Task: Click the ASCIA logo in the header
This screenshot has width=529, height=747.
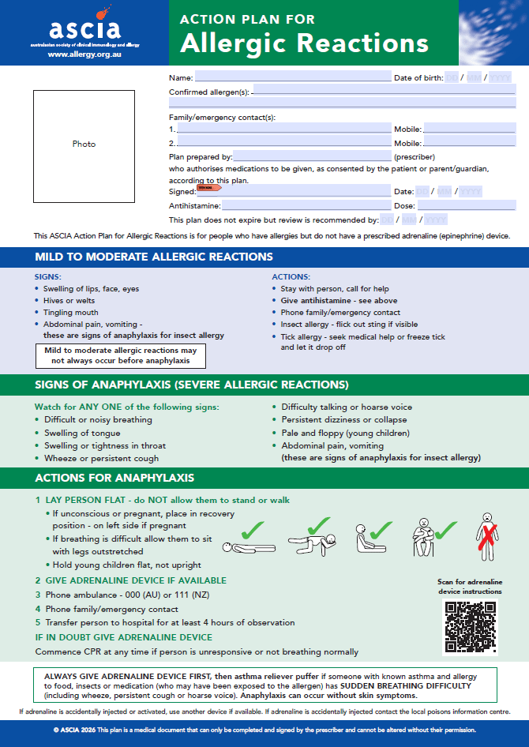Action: coord(84,31)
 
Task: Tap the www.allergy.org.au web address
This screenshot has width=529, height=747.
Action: coord(84,55)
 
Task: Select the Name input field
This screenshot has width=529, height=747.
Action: coord(293,77)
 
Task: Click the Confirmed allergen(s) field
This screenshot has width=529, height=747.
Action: coord(384,92)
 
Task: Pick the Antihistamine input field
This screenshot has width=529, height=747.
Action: coord(307,205)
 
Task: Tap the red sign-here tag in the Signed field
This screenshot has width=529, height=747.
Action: coord(209,188)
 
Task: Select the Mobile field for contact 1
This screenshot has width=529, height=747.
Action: coord(469,128)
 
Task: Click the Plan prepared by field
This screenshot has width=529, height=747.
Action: coord(312,156)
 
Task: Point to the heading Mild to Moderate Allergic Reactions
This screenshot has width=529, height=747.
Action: coord(154,257)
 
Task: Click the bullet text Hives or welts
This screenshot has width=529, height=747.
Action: coord(72,300)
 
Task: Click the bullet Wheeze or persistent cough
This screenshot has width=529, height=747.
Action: coord(101,458)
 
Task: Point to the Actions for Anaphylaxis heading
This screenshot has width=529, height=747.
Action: coord(114,478)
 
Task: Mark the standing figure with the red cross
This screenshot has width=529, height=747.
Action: coord(487,538)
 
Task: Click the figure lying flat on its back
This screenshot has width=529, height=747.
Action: coord(246,546)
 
